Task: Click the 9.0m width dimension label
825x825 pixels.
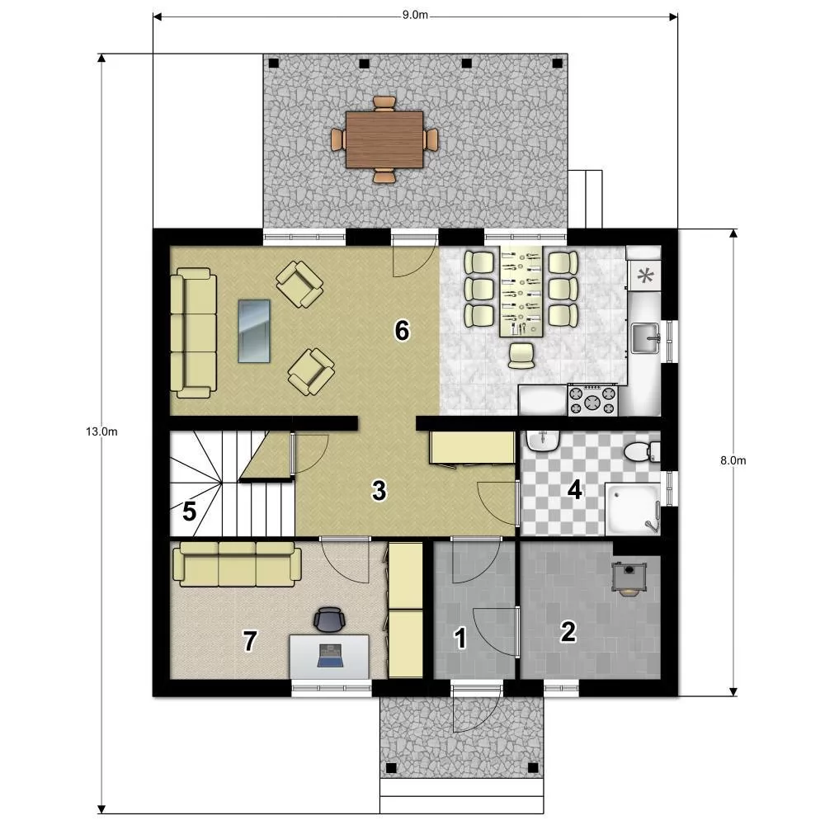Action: pos(415,15)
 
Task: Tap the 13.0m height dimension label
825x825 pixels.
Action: pos(101,432)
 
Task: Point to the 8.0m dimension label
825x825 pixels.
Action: pos(733,460)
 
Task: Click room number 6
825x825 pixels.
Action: pos(402,331)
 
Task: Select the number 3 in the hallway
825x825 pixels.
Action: pos(379,490)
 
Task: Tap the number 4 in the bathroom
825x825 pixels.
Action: pos(574,490)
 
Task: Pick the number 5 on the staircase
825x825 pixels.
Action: pos(190,511)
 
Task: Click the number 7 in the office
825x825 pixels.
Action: pos(250,641)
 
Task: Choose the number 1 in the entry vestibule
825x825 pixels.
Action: pos(460,639)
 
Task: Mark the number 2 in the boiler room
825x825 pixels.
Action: pos(568,632)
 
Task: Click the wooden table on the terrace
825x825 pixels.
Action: pos(384,139)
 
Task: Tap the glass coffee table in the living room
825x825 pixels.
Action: pos(254,332)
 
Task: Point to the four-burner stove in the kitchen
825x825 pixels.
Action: pos(592,400)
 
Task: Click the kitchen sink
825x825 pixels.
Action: pos(646,338)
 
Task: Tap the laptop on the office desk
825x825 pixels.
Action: pos(330,656)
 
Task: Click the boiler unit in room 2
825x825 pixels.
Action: pos(628,577)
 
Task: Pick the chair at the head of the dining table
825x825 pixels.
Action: pos(521,355)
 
